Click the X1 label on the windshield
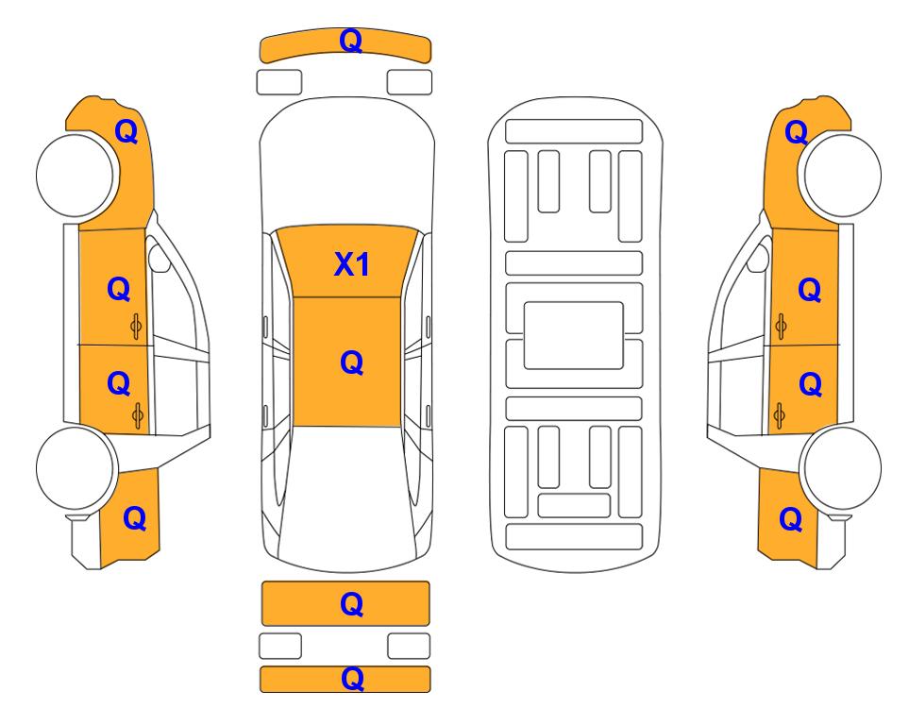tap(352, 264)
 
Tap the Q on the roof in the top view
tap(352, 363)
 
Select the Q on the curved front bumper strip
tap(351, 41)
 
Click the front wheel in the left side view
tap(76, 175)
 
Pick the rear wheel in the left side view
tap(76, 468)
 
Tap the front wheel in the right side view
tap(841, 175)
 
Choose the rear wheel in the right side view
tap(841, 468)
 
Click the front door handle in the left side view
tap(136, 327)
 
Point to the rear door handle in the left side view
tap(138, 415)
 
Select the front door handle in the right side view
tap(781, 327)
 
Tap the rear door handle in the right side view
tap(780, 415)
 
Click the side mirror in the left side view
tap(159, 258)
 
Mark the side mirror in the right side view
tap(758, 258)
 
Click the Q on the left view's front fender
tap(126, 131)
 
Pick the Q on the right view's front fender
tap(797, 132)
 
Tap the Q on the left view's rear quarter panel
tap(134, 518)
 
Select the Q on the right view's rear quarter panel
tap(791, 519)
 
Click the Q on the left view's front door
tap(119, 289)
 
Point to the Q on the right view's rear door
tap(811, 384)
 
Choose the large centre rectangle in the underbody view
tap(573, 335)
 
